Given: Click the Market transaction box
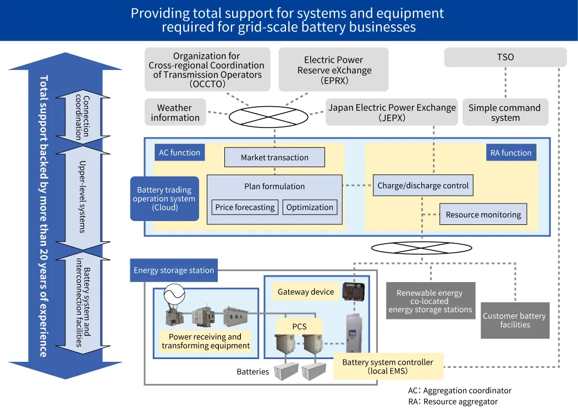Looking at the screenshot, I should [274, 157].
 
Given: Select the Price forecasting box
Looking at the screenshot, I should [245, 207].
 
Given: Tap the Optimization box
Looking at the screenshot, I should [310, 207].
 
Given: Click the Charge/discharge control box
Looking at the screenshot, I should [423, 185].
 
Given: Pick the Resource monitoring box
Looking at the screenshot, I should [483, 214].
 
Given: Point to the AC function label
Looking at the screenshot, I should [179, 152].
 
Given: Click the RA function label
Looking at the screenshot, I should [511, 152].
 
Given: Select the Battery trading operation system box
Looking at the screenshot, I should [164, 199].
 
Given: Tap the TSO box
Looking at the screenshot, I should [505, 57].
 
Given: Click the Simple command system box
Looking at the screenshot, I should [504, 113].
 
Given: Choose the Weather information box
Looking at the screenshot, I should [175, 113].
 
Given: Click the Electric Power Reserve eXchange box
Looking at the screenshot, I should [334, 70].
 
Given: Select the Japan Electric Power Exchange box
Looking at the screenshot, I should [392, 113].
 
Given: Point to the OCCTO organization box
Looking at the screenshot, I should [207, 70].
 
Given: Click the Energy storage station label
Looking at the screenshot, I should [174, 270].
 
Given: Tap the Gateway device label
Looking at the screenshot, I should [306, 291].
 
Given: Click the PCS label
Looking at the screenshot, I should [299, 326].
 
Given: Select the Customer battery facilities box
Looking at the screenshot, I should [514, 320].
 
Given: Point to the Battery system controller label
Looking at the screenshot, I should [388, 367].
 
